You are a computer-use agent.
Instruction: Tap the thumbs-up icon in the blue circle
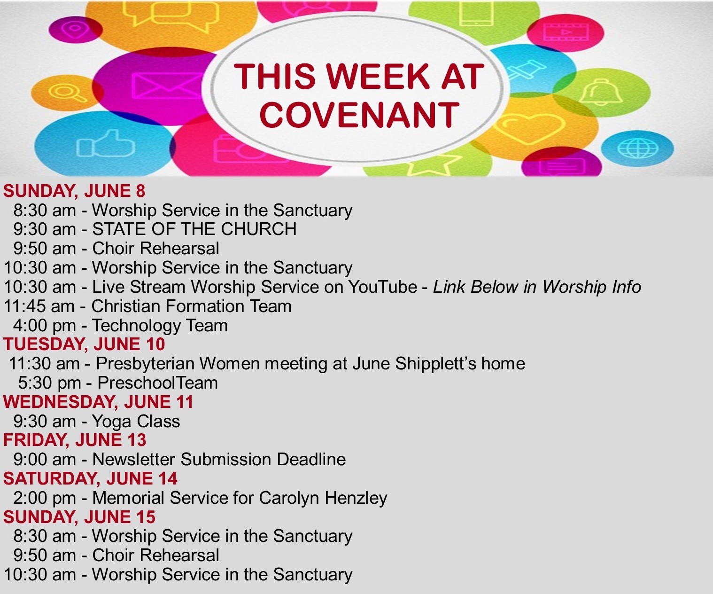click(x=106, y=143)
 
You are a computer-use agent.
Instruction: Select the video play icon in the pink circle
click(x=566, y=32)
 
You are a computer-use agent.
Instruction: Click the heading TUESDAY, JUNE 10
click(x=84, y=344)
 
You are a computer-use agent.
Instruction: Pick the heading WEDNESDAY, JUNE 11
click(x=98, y=402)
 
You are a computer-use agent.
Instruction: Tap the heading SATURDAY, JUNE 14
click(x=90, y=478)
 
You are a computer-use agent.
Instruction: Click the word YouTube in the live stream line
click(x=382, y=286)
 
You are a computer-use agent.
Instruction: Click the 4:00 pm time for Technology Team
click(x=45, y=325)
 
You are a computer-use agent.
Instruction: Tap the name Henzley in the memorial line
click(x=356, y=498)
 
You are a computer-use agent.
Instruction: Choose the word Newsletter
click(x=133, y=459)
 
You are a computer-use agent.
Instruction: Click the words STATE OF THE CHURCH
click(x=194, y=229)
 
